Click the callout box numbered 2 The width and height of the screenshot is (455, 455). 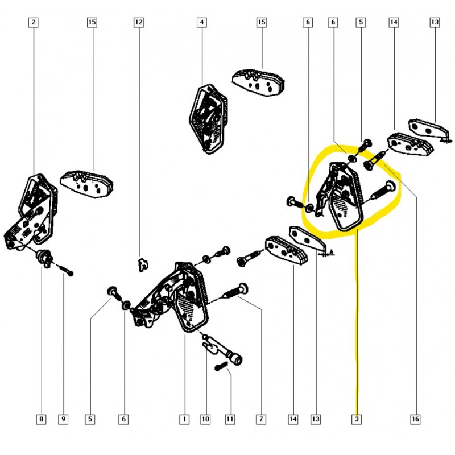[x=34, y=22]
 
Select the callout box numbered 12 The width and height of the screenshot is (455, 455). [x=139, y=22]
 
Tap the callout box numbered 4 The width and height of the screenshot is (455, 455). [x=202, y=22]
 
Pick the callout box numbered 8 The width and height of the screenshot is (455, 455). [x=41, y=419]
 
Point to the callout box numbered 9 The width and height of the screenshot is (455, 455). [x=63, y=419]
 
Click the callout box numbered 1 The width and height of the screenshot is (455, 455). [x=184, y=419]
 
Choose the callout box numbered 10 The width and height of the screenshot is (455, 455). [x=205, y=419]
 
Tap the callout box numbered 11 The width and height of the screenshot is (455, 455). [x=230, y=419]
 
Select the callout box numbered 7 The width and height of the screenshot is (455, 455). [x=261, y=419]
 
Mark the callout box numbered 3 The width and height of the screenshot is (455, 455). [x=357, y=419]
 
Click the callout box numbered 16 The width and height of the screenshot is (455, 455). [x=415, y=419]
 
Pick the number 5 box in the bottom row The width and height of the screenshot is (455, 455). [x=90, y=419]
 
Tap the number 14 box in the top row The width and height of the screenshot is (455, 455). [x=394, y=22]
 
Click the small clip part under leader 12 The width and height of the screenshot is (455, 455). [x=142, y=264]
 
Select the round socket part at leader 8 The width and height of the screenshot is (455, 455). [x=44, y=257]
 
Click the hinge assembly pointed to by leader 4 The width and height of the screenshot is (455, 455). [x=208, y=119]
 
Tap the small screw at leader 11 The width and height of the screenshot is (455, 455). [x=220, y=366]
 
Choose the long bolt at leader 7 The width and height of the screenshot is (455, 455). [x=235, y=292]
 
